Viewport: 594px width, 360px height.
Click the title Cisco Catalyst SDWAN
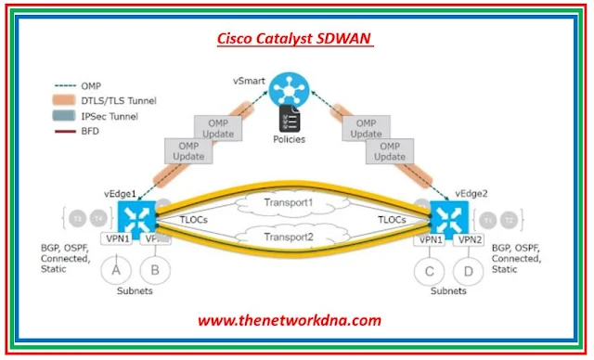pyautogui.click(x=296, y=39)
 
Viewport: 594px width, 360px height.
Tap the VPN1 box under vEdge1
pyautogui.click(x=116, y=239)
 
